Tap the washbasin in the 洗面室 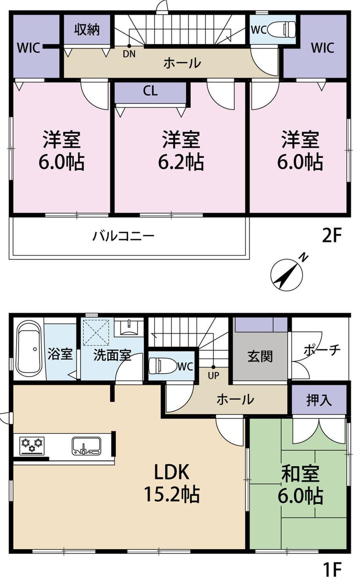point(129,327)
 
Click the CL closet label point(150,91)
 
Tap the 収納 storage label point(87,30)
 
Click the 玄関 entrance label point(260,356)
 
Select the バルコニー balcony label point(124,237)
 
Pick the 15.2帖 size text point(172,495)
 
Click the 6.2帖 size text point(181,162)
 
